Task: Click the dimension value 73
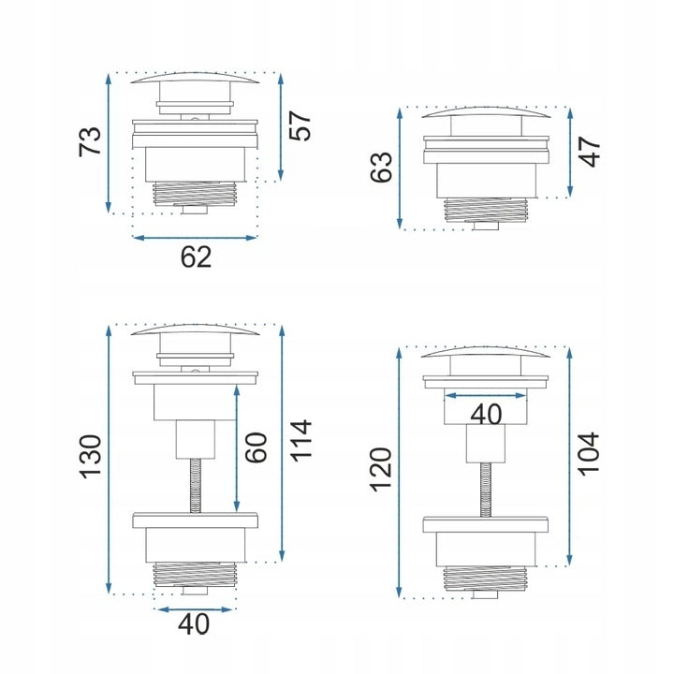pos(91,141)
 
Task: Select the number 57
pos(300,126)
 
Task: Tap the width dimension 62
pos(196,257)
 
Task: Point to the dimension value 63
pos(381,167)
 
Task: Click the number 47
pos(590,152)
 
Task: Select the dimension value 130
pos(91,457)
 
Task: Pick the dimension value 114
pos(300,441)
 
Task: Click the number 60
pos(256,447)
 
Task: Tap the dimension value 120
pos(381,469)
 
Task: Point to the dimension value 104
pos(589,453)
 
